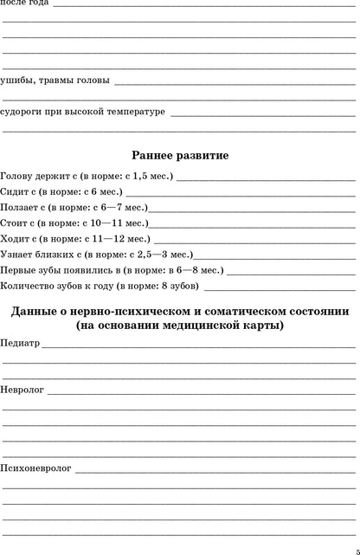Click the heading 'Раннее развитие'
click(x=180, y=156)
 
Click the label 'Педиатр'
click(x=21, y=343)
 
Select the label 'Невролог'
click(x=23, y=390)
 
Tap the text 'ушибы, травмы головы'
click(x=55, y=81)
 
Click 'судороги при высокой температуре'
click(x=83, y=112)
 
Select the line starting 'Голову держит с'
click(x=87, y=177)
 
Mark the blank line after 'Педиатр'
click(x=199, y=346)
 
